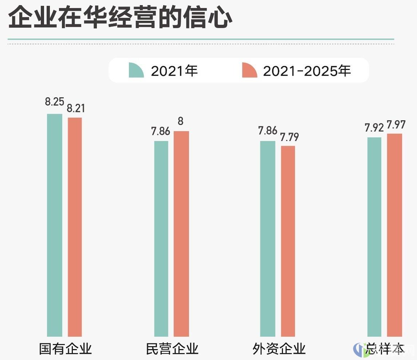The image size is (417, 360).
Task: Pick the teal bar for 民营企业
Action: [161, 238]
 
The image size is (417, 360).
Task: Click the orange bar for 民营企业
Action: [181, 234]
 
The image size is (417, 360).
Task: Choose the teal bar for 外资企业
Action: [268, 238]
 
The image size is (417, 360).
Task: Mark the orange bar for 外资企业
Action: [288, 241]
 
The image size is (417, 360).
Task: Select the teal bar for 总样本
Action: [374, 236]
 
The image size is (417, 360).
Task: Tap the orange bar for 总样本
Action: [394, 235]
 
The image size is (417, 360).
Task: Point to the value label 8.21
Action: [76, 109]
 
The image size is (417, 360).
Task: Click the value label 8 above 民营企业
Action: [181, 121]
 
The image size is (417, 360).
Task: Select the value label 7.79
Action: [289, 137]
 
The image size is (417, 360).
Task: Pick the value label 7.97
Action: [396, 125]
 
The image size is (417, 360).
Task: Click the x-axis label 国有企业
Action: [66, 349]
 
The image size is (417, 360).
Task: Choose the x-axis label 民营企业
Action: [172, 349]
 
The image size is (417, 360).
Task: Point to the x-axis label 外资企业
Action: [279, 349]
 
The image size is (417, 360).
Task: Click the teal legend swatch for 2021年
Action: [136, 70]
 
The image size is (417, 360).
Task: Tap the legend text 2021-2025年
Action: [307, 71]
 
